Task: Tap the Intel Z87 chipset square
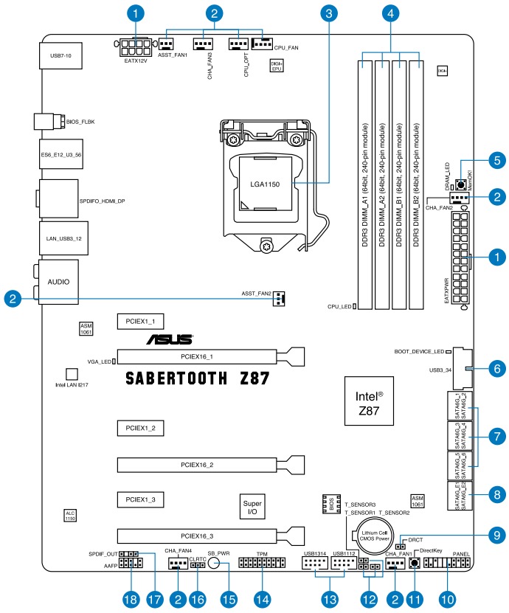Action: coord(370,402)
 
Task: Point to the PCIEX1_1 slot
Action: coord(140,322)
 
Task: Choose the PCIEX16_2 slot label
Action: coord(197,465)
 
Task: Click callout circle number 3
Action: coord(330,12)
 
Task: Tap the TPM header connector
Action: coord(262,564)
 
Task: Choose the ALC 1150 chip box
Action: coord(70,516)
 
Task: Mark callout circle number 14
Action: coord(261,598)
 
